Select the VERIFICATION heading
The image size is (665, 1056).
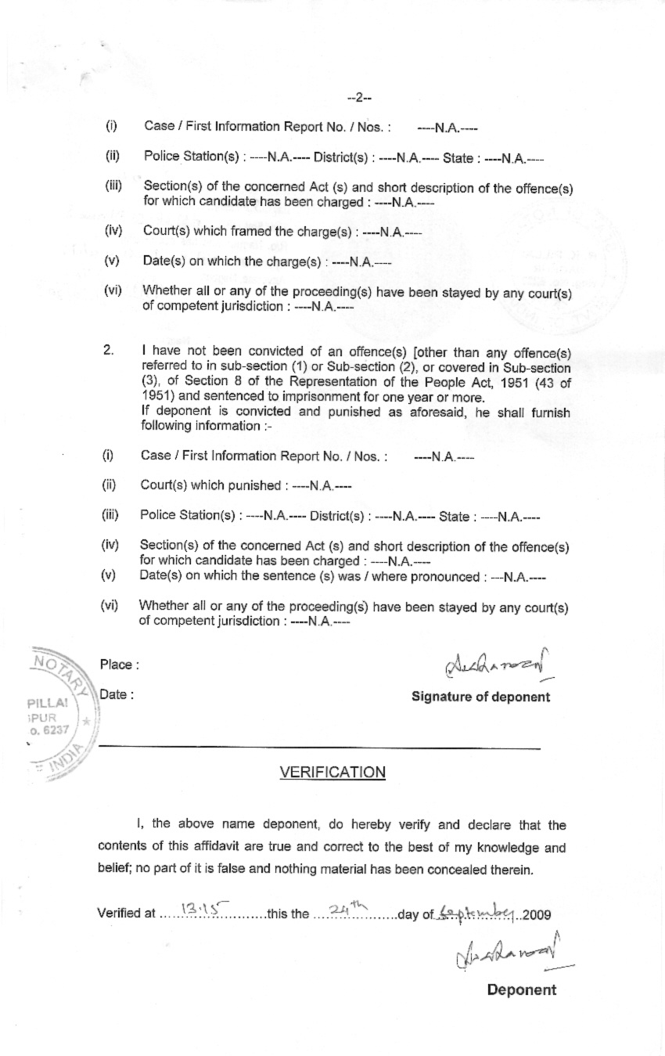[332, 773]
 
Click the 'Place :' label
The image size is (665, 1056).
[119, 665]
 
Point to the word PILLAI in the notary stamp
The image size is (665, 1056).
[47, 702]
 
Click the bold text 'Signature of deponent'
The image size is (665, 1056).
[480, 697]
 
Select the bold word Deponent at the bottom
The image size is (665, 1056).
[521, 989]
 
